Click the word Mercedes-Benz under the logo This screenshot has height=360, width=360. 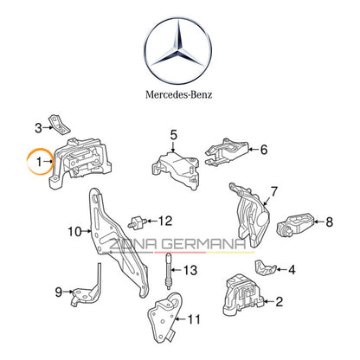point(180,93)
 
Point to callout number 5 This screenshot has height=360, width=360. point(173,134)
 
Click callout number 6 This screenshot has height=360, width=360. point(264,149)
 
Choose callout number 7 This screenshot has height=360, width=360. point(273,190)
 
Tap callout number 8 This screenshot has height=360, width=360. point(328,222)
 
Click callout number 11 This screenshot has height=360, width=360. point(194,318)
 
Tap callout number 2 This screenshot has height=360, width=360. point(278,302)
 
